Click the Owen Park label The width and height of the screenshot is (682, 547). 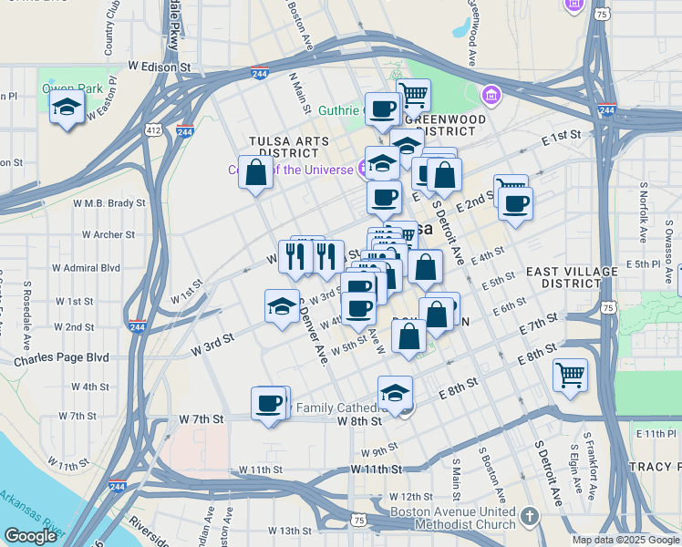click(59, 88)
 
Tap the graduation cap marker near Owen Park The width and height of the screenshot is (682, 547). click(67, 108)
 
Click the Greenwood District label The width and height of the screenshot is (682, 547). click(445, 119)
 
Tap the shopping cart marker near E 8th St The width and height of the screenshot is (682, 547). click(570, 374)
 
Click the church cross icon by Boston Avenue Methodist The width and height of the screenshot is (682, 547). click(530, 518)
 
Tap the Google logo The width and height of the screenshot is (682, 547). click(30, 536)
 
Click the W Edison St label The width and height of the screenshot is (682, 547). click(159, 67)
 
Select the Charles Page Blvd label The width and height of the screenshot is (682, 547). click(61, 358)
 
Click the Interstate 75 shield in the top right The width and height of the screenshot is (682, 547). click(601, 14)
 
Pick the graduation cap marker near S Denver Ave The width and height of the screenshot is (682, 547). click(282, 305)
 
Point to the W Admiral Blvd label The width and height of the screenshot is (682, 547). click(86, 268)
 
